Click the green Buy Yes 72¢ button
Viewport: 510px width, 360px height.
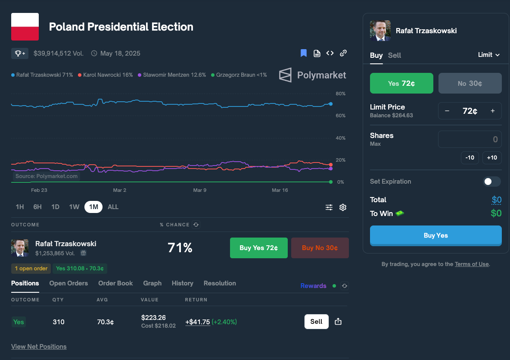coord(258,248)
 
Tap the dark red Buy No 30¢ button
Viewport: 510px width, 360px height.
coord(320,248)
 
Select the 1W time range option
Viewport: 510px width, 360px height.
coord(74,207)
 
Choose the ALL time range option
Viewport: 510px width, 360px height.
coord(113,207)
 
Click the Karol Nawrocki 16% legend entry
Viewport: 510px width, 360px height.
coord(106,75)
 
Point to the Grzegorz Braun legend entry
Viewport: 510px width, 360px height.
coord(239,75)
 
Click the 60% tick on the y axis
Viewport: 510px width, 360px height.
coord(341,116)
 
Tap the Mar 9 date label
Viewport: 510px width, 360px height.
coord(200,190)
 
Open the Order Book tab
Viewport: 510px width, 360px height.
coord(115,283)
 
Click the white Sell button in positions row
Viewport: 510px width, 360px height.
coord(317,322)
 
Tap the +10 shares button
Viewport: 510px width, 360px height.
coord(492,157)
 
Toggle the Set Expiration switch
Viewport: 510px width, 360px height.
coord(492,182)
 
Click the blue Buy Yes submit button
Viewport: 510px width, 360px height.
coord(435,235)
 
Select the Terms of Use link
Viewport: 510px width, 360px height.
coord(472,264)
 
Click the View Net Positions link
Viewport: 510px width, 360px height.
coord(39,347)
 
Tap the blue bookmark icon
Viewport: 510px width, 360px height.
coord(304,53)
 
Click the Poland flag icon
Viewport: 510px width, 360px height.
coord(25,27)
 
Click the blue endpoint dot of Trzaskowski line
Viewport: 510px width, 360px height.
coord(331,104)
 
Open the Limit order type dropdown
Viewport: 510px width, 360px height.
coord(488,55)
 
